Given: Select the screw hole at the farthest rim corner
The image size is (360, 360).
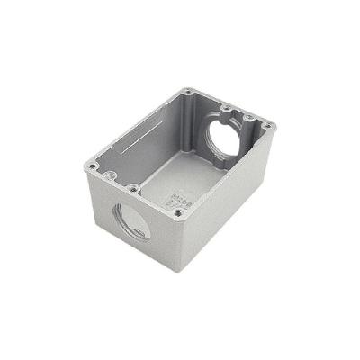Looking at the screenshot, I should (x=186, y=92).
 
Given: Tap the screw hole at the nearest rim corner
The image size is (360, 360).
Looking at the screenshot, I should (x=178, y=213).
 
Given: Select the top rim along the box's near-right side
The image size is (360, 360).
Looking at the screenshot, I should (x=225, y=171).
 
